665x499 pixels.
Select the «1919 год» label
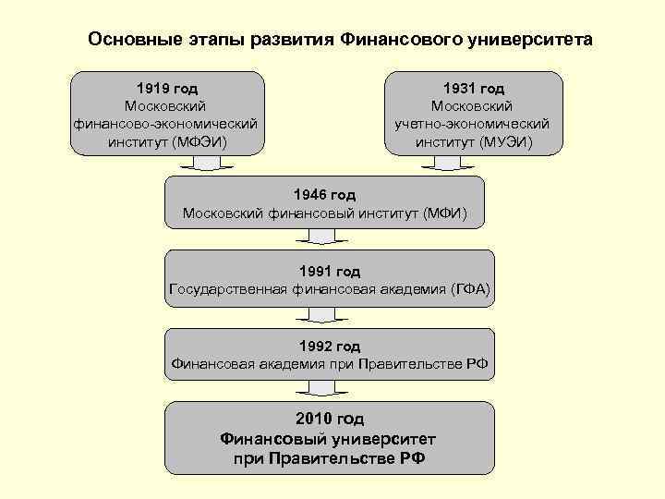(x=167, y=89)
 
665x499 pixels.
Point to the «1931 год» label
(x=473, y=89)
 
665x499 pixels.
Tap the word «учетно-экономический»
(x=474, y=124)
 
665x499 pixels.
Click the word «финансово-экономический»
(x=167, y=124)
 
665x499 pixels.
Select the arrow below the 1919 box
(x=200, y=164)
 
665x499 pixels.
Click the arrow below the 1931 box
(x=447, y=164)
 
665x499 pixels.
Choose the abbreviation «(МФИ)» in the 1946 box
(x=445, y=213)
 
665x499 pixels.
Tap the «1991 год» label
(x=330, y=272)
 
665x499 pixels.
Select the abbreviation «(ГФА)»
(x=469, y=290)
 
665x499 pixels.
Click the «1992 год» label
(x=330, y=347)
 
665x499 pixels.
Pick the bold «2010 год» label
(x=330, y=419)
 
